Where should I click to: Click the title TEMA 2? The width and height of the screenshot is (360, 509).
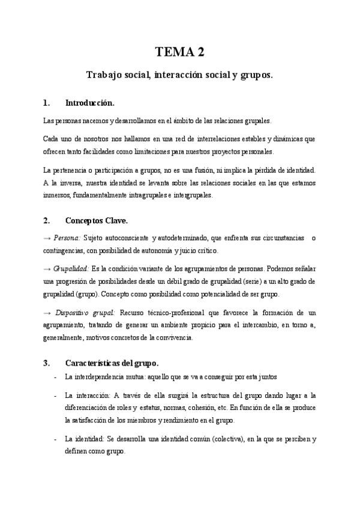pos(180,52)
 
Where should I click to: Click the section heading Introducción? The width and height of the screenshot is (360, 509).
pos(89,103)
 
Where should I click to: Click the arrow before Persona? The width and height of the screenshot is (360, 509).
pos(47,238)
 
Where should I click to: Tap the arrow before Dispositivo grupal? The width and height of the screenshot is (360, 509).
pos(47,313)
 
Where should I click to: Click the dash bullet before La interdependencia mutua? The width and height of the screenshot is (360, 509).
pos(55,376)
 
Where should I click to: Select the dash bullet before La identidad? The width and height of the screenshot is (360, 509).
pos(55,439)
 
